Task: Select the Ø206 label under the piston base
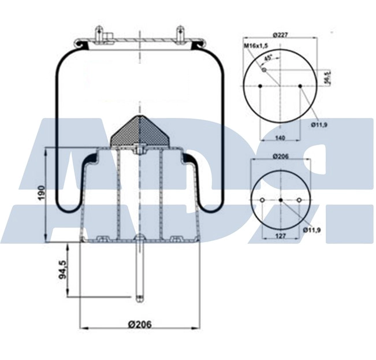coord(139,324)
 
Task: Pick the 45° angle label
coord(268,58)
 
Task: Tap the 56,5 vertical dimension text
coord(327,77)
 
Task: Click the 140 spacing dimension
coord(280,139)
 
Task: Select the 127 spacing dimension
coord(281,235)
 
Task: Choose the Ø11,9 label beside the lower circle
coord(312,230)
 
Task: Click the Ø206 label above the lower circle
coord(280,155)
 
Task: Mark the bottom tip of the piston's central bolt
coord(139,299)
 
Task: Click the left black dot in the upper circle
coord(260,86)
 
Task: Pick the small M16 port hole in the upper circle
coord(265,70)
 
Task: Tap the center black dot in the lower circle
coord(281,200)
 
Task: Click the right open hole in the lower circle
coord(299,200)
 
